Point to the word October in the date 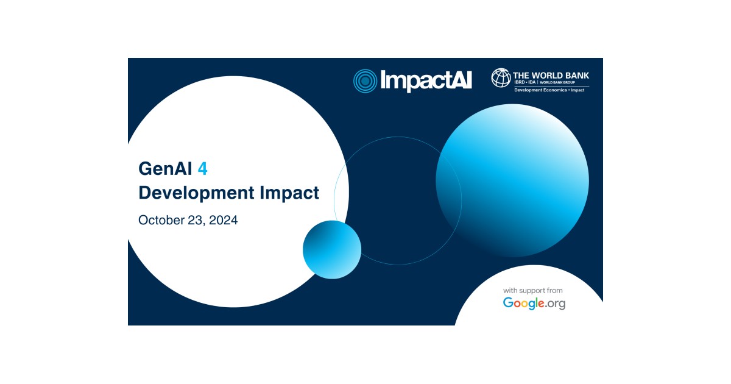161,220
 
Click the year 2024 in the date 223,220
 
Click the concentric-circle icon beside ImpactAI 365,80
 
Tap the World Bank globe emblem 501,77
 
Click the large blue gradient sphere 512,180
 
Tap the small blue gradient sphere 331,249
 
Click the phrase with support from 533,290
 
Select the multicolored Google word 523,303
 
